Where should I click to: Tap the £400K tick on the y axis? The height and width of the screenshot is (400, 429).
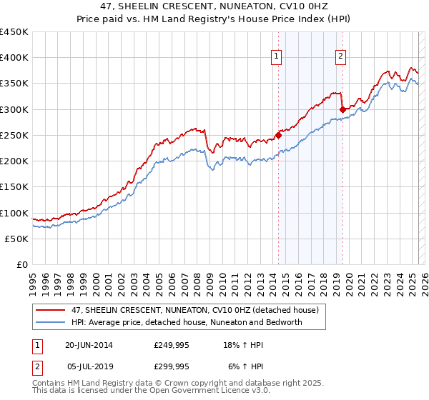(14, 58)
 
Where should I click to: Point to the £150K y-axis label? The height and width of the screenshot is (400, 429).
(14, 187)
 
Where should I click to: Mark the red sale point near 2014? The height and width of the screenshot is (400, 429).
(278, 134)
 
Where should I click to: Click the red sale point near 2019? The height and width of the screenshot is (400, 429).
(342, 109)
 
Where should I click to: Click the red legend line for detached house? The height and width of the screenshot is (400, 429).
(50, 309)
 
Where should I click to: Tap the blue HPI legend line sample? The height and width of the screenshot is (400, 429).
(50, 322)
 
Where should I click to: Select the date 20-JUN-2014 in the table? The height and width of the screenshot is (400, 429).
(89, 344)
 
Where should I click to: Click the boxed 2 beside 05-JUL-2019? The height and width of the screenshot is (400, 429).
(36, 366)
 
